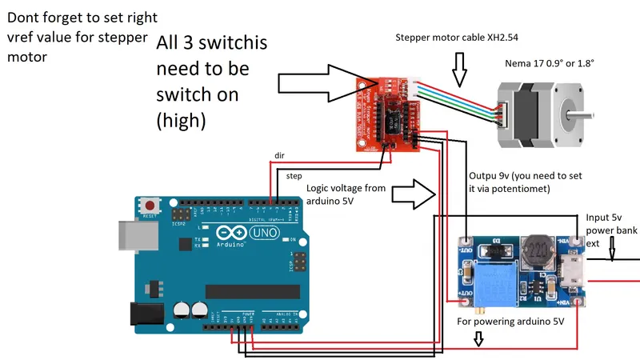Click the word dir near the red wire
pyautogui.click(x=279, y=154)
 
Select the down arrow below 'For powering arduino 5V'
pyautogui.click(x=479, y=339)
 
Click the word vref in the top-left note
pyautogui.click(x=23, y=38)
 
